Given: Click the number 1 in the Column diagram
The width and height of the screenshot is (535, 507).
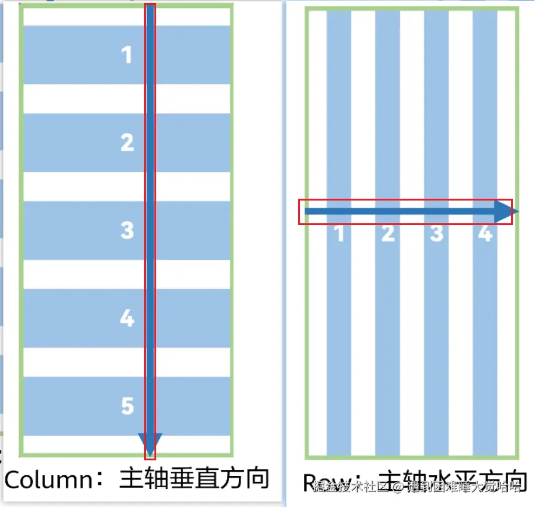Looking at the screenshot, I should pyautogui.click(x=126, y=55).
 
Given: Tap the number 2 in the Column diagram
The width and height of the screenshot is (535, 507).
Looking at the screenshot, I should pyautogui.click(x=127, y=142).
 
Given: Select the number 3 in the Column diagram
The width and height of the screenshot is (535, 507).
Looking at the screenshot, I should pyautogui.click(x=127, y=230).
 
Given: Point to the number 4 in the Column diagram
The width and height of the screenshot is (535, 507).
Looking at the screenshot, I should pyautogui.click(x=127, y=318).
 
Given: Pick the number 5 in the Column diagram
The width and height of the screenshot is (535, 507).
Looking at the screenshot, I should pyautogui.click(x=127, y=406).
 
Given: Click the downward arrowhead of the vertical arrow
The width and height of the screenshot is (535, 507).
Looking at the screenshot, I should pyautogui.click(x=150, y=444).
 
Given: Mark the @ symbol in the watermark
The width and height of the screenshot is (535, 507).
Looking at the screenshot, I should pyautogui.click(x=399, y=488).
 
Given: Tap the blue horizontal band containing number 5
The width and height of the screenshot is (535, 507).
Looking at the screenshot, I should pyautogui.click(x=72, y=406).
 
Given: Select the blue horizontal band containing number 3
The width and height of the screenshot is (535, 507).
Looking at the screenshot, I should pyautogui.click(x=72, y=230).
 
